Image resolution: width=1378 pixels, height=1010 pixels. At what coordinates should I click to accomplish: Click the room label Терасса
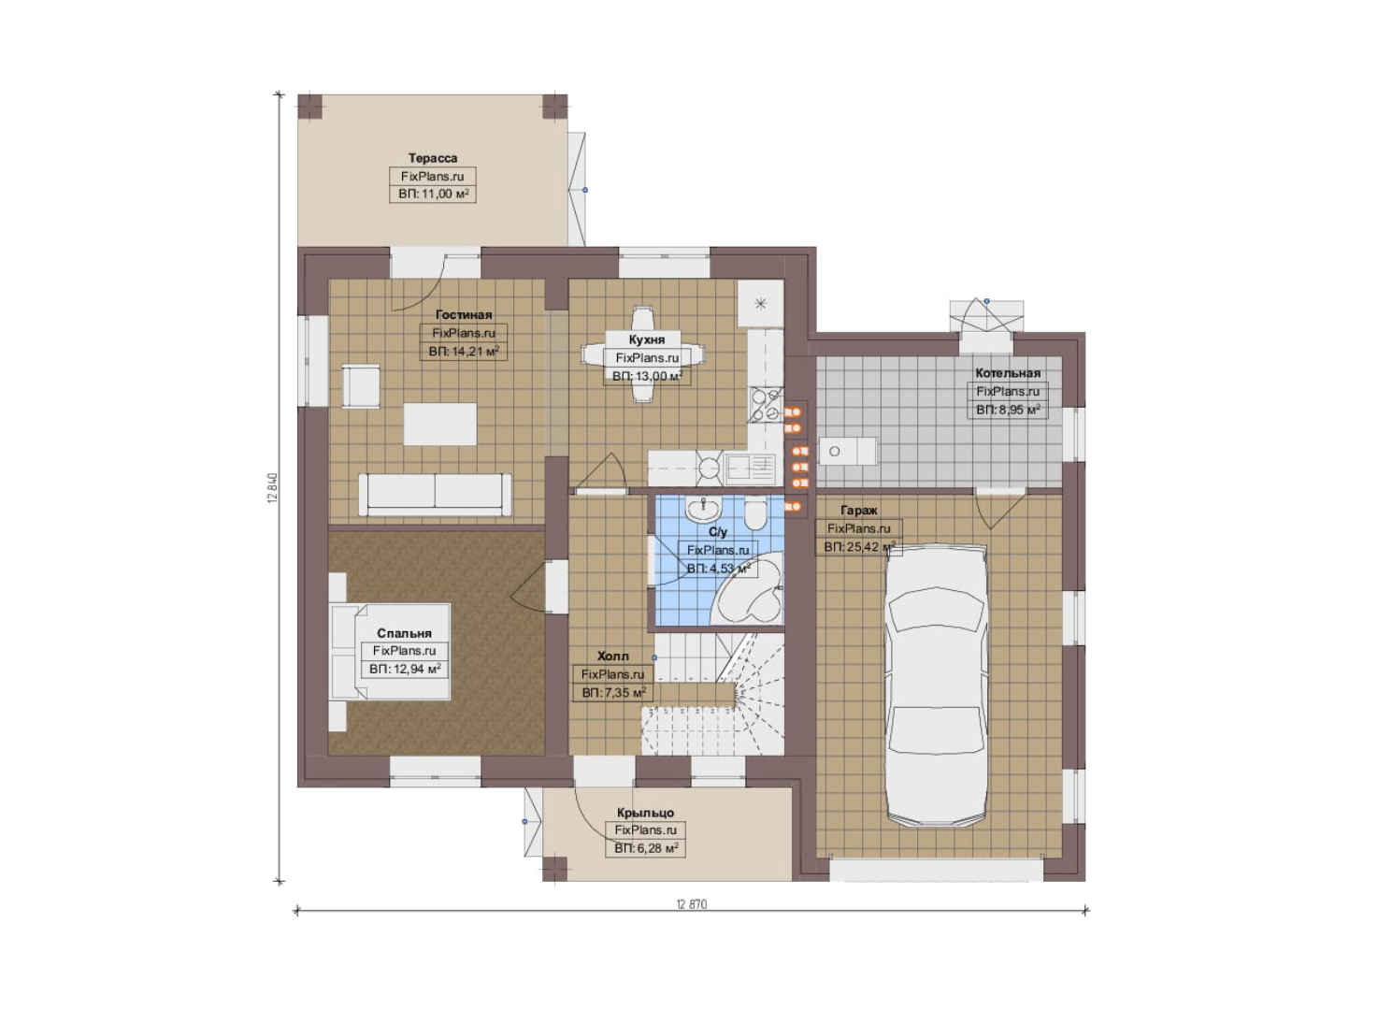[433, 158]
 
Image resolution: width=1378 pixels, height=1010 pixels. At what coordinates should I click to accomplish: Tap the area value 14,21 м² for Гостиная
[464, 352]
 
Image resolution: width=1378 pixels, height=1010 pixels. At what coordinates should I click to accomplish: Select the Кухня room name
[647, 339]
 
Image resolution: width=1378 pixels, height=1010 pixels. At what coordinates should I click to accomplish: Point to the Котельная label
[1008, 373]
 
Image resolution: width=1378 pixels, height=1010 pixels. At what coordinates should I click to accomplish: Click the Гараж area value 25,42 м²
[859, 546]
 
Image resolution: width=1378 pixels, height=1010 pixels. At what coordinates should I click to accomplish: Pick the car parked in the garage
[935, 685]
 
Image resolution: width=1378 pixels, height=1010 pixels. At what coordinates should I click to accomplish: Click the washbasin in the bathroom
[702, 509]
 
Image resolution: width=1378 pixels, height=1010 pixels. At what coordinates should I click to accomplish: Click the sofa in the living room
[435, 494]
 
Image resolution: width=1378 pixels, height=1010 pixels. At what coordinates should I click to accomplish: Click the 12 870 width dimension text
[692, 904]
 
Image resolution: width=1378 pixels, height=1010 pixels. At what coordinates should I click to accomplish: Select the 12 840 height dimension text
[273, 489]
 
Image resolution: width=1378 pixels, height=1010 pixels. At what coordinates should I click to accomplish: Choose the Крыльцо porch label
[645, 813]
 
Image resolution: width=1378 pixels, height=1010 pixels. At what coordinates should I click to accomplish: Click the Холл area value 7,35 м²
[613, 693]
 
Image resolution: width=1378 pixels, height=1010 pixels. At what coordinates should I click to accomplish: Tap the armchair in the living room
[361, 386]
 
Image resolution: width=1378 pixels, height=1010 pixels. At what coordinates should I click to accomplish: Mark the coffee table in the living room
[439, 424]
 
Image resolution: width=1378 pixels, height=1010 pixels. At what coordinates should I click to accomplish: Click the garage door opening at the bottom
[937, 871]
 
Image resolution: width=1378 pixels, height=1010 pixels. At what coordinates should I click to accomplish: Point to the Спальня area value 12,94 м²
[405, 669]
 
